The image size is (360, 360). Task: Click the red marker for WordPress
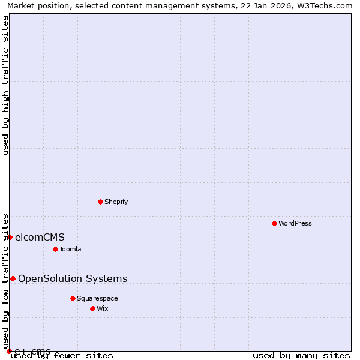[x=274, y=223]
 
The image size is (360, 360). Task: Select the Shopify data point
[x=100, y=202]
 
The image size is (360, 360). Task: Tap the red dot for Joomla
[x=55, y=249]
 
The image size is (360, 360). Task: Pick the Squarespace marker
[x=73, y=298]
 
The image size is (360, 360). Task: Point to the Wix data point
[x=92, y=308]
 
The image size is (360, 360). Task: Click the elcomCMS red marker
[x=10, y=237]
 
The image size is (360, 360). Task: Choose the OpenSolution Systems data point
[x=13, y=278]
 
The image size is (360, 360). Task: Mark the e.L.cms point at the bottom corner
[x=9, y=351]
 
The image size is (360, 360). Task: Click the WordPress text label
[x=295, y=223]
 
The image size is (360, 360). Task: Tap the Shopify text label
[x=116, y=202]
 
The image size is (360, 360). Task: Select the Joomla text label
[x=70, y=249]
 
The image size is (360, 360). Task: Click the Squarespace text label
[x=97, y=298]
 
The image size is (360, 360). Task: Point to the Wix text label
[x=103, y=308]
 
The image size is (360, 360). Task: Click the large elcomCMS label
[x=40, y=237]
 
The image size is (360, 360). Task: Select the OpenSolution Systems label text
[x=73, y=278]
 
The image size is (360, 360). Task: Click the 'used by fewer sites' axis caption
[x=62, y=356]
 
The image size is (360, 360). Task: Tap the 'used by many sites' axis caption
[x=301, y=356]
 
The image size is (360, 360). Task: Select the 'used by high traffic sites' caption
[x=5, y=85]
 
